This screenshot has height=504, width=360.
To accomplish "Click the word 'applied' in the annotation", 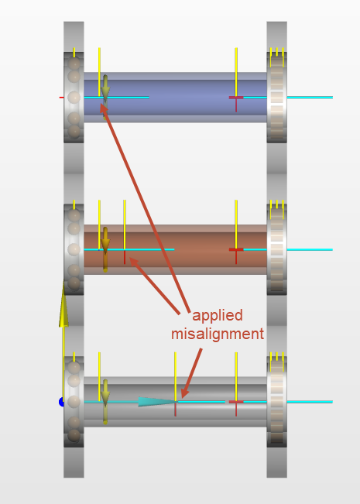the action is (218, 316).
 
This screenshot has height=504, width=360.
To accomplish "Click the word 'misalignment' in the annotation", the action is (218, 334).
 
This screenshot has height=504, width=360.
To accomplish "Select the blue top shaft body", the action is (175, 97).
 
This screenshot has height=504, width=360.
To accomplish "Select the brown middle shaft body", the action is (175, 249).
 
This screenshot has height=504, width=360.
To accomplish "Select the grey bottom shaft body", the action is (175, 402).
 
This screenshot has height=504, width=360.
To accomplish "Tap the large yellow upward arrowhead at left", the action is (63, 305).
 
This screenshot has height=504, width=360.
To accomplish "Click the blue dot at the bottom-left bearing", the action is (61, 402).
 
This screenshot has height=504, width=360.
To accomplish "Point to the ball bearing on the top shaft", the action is (74, 97).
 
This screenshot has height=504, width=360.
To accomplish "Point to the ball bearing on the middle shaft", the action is (74, 249).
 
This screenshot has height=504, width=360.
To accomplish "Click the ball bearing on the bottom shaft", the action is (74, 402).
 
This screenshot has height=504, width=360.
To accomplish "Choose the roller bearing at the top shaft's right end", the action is (276, 97).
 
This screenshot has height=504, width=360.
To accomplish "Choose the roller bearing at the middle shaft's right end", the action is (276, 249).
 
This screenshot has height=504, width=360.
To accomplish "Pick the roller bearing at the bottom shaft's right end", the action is (276, 402).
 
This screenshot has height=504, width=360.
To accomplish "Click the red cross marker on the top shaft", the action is (236, 98).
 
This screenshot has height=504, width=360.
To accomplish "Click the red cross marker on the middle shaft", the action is (236, 250).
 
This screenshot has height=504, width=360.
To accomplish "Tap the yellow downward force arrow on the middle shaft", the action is (105, 249).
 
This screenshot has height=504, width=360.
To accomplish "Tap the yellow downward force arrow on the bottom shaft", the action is (105, 402).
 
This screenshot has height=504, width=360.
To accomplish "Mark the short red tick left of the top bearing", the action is (61, 97).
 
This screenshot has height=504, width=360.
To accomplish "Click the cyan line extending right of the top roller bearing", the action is (310, 97).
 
